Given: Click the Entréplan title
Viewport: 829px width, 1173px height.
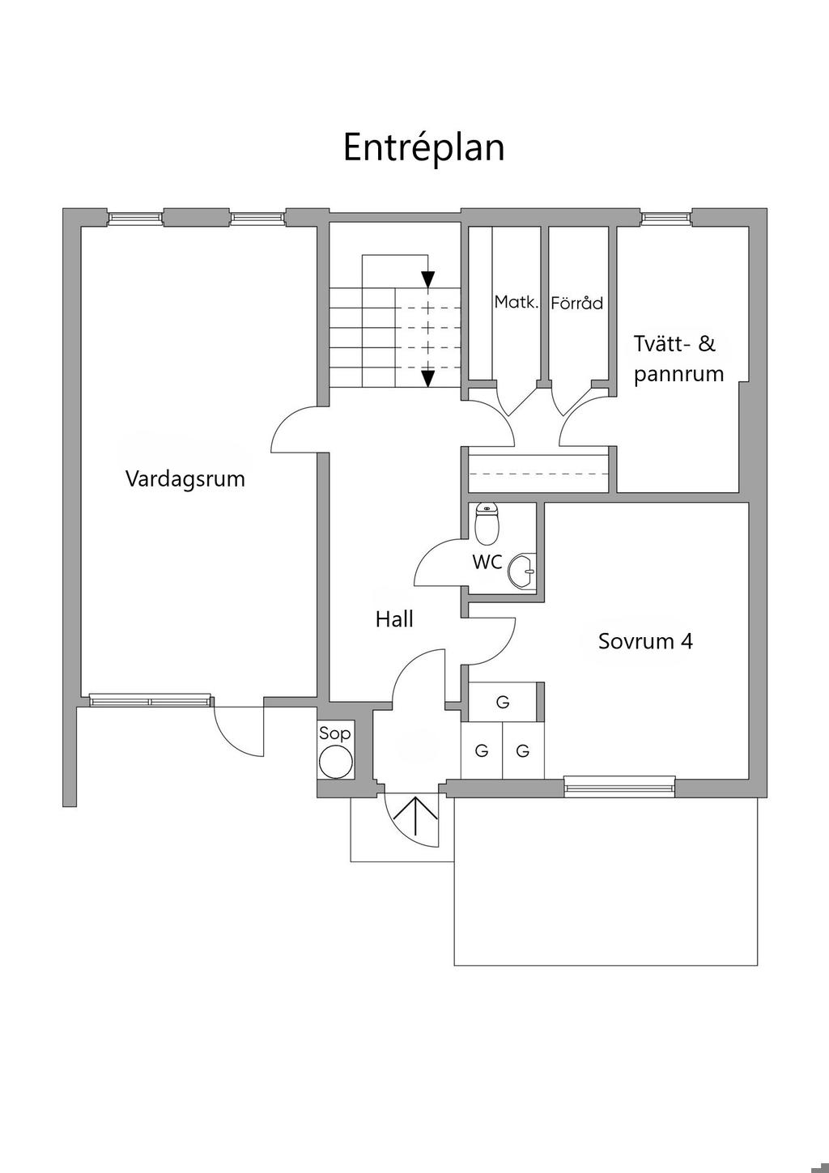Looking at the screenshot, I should coord(423,148).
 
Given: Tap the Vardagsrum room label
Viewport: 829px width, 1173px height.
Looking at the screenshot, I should coord(185,478).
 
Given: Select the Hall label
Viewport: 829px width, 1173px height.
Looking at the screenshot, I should coord(394,619).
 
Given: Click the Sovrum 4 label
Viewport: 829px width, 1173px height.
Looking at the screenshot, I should coord(645,641).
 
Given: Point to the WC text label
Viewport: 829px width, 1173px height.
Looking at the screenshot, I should coord(487,561).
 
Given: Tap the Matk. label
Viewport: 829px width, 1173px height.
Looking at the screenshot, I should coord(517,302).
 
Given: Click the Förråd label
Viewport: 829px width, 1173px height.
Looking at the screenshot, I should coord(576,304).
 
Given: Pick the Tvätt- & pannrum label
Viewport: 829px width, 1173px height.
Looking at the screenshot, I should coord(678,359).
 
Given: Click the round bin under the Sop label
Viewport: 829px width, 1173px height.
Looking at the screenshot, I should coord(335,762).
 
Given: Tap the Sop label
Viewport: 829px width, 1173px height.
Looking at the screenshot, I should coord(335,734).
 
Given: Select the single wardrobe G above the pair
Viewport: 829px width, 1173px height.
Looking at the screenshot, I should coord(503,702).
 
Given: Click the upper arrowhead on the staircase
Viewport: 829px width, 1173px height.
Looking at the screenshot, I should coord(428,278).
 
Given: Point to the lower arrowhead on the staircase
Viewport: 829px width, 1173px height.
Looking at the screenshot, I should coord(428,377).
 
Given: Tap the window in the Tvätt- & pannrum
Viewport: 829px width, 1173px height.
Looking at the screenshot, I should coord(665,217).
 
